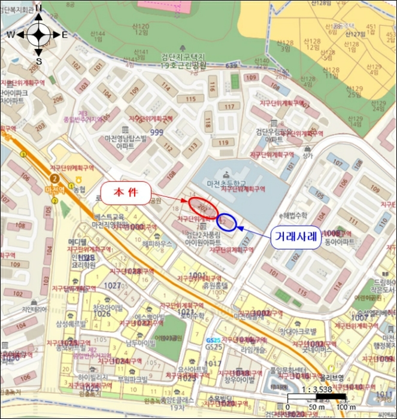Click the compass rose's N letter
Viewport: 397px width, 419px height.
(x=38, y=8)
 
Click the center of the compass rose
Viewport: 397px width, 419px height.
(x=38, y=34)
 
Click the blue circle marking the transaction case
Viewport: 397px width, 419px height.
(x=228, y=221)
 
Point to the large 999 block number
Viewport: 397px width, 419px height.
(x=157, y=132)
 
